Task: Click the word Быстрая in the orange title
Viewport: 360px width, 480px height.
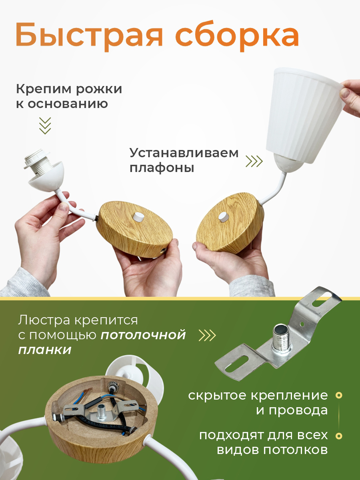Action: (x=90, y=36)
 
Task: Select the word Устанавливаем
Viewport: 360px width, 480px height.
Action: (x=184, y=153)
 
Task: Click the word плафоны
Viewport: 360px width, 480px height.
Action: (x=162, y=169)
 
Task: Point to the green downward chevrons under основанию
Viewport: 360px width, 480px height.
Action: (x=45, y=126)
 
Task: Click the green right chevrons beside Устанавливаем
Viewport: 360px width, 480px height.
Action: (x=254, y=161)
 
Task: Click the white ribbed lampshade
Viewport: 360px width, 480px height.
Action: (x=305, y=116)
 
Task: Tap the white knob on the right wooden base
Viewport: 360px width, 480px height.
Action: (x=224, y=217)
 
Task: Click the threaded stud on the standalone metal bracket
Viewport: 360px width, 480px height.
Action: (x=282, y=339)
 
